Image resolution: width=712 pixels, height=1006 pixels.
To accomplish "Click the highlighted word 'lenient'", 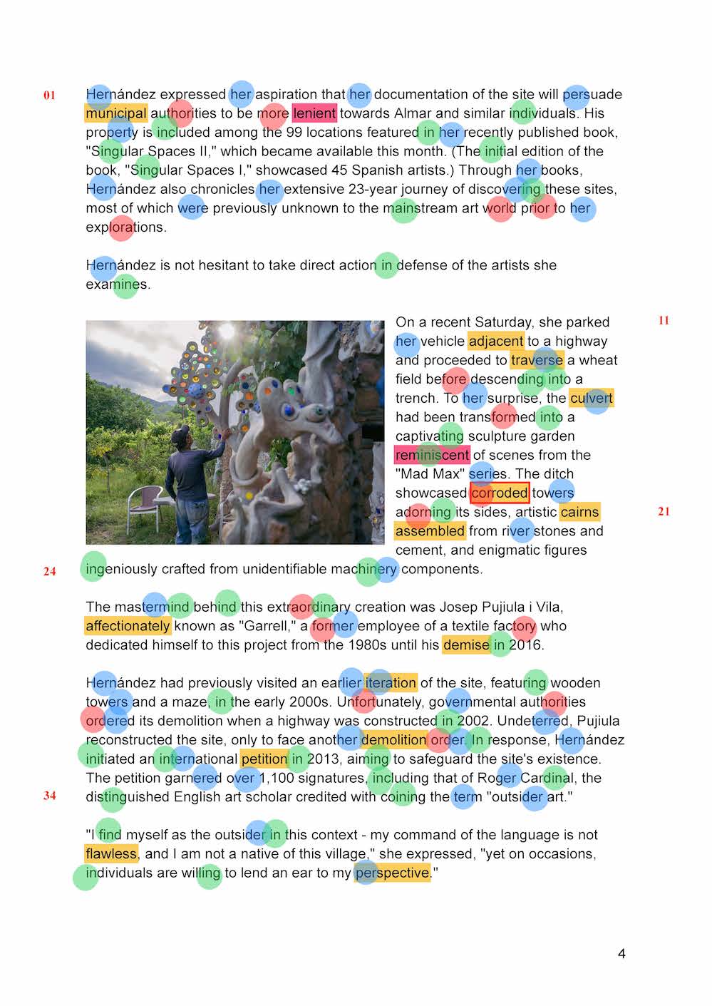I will point(314,113).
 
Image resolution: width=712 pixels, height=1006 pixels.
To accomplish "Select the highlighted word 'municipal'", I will point(115,113).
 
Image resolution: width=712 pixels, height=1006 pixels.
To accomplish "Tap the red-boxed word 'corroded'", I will point(500,493).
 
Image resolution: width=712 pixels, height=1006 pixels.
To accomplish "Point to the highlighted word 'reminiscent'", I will point(432,455).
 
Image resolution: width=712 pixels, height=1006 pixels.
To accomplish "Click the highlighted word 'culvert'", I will point(592,398).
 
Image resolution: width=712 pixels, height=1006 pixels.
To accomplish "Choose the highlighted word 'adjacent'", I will point(496,341).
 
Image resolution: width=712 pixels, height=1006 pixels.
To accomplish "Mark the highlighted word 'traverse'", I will point(537,360).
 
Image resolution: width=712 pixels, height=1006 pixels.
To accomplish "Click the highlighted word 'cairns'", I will point(579,512).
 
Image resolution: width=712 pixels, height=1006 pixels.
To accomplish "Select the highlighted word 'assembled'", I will point(430,531).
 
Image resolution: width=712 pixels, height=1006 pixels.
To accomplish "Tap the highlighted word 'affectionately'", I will point(128,626).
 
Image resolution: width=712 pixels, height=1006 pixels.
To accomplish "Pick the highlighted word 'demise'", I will point(466,645).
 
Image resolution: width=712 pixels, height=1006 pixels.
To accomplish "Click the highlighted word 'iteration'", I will point(391,683).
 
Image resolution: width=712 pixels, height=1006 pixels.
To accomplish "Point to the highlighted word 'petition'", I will point(264,759).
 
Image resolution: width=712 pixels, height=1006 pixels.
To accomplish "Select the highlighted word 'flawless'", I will point(110,853).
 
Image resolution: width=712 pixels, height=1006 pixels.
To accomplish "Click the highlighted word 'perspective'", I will point(393,873).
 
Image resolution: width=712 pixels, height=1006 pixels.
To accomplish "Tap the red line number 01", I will point(49,96).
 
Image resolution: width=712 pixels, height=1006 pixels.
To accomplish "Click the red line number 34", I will point(49,796).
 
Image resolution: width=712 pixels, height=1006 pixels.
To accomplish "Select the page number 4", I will point(621,954).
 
